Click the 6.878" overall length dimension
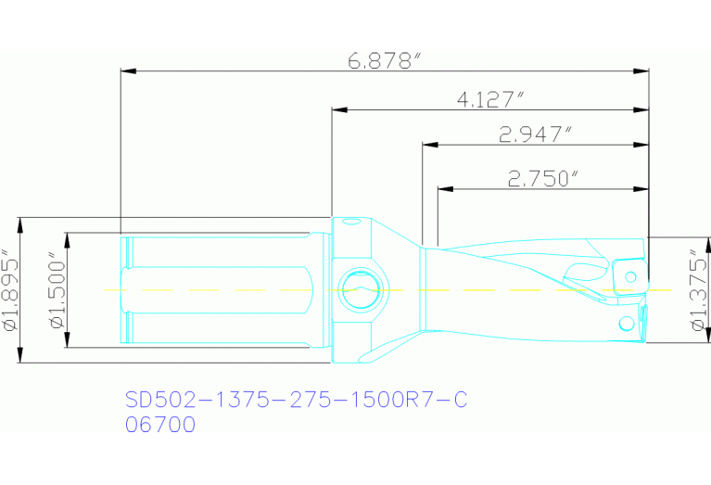[384, 62]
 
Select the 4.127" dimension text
[491, 99]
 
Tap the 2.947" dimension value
[533, 135]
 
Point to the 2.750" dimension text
[543, 178]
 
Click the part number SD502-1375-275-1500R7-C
[296, 400]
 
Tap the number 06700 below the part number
[160, 426]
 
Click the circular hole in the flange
[358, 289]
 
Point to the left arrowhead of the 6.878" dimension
[129, 70]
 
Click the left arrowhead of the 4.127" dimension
[340, 110]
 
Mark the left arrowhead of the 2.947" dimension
[429, 145]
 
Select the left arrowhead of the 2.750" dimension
[445, 188]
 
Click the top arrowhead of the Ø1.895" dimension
[20, 223]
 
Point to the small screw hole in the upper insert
[632, 275]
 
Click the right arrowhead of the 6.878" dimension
[641, 70]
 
